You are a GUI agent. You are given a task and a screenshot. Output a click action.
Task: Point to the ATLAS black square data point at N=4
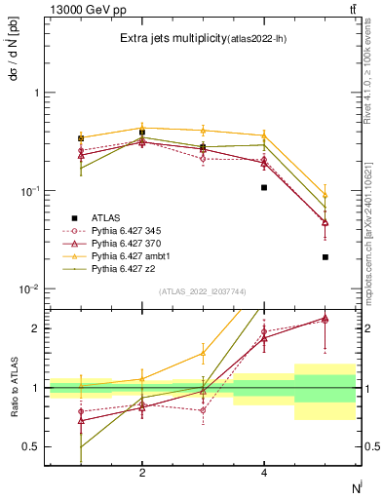point(264,187)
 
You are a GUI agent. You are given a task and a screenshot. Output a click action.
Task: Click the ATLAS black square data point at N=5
point(325,257)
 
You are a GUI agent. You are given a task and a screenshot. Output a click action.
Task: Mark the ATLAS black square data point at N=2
point(142,132)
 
